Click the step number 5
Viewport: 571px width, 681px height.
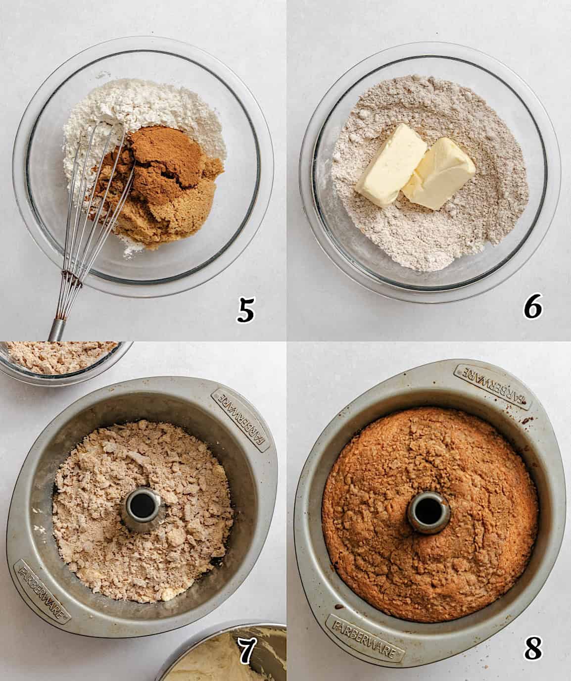pyautogui.click(x=245, y=309)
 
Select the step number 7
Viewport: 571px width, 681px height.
pyautogui.click(x=245, y=651)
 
